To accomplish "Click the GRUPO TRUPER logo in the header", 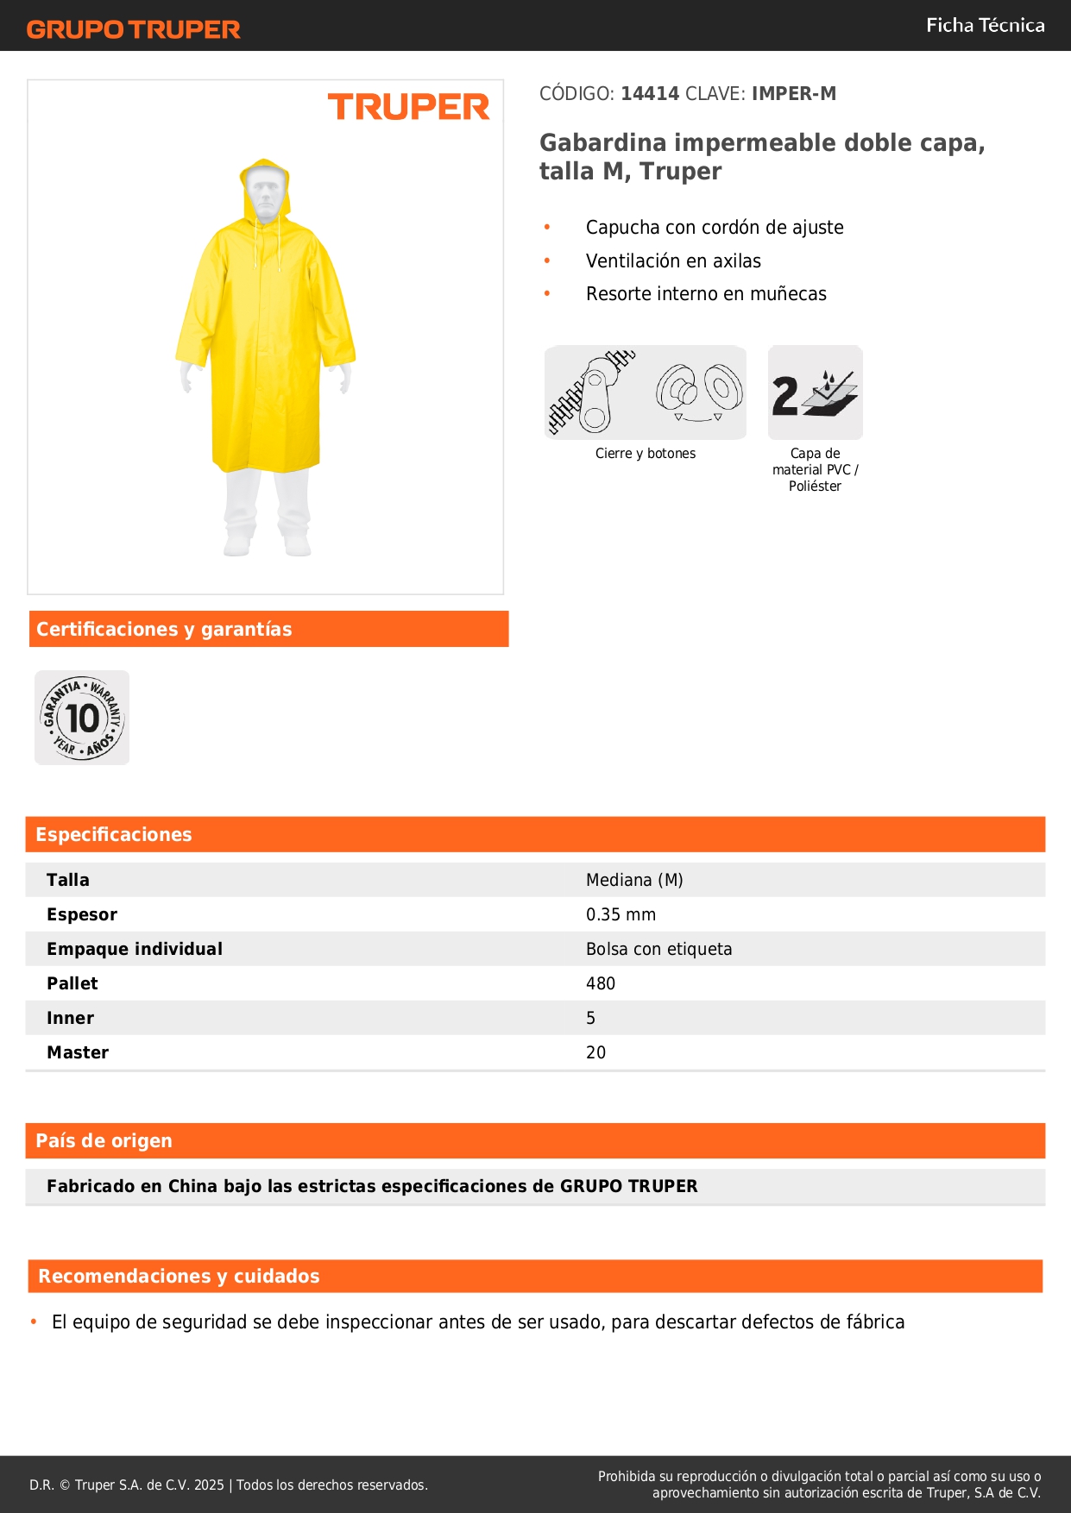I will tap(134, 29).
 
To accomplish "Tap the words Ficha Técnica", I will tap(985, 26).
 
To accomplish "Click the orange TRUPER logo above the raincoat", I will tap(408, 107).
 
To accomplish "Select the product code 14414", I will tap(650, 94).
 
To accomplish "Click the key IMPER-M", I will tap(793, 94).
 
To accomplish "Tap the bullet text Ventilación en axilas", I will tap(673, 261).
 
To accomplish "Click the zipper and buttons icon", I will tap(645, 393).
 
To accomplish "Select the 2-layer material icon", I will tap(815, 393).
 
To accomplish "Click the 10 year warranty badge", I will tap(82, 718).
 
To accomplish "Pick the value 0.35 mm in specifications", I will tap(621, 914).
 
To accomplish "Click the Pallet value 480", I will tap(601, 983).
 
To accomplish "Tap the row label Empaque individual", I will tap(135, 949).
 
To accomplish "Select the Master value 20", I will tap(595, 1052).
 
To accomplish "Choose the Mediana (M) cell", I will tap(634, 880).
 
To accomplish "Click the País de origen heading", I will tap(104, 1140).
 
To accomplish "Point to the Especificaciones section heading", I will tap(114, 834).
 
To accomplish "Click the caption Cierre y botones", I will tap(645, 454).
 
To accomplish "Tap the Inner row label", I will tap(71, 1018).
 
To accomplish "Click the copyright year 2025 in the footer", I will tap(209, 1485).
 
